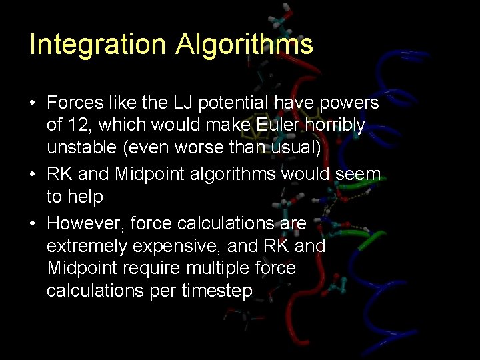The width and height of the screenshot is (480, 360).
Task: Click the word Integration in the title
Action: pyautogui.click(x=97, y=45)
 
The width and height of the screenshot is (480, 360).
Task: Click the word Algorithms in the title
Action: pyautogui.click(x=244, y=45)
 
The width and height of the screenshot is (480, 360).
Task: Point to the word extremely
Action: pyautogui.click(x=87, y=246)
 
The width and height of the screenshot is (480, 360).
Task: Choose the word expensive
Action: pyautogui.click(x=177, y=246)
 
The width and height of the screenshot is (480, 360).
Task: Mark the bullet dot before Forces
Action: pyautogui.click(x=32, y=104)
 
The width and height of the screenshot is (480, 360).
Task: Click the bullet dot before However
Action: pyautogui.click(x=32, y=223)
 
